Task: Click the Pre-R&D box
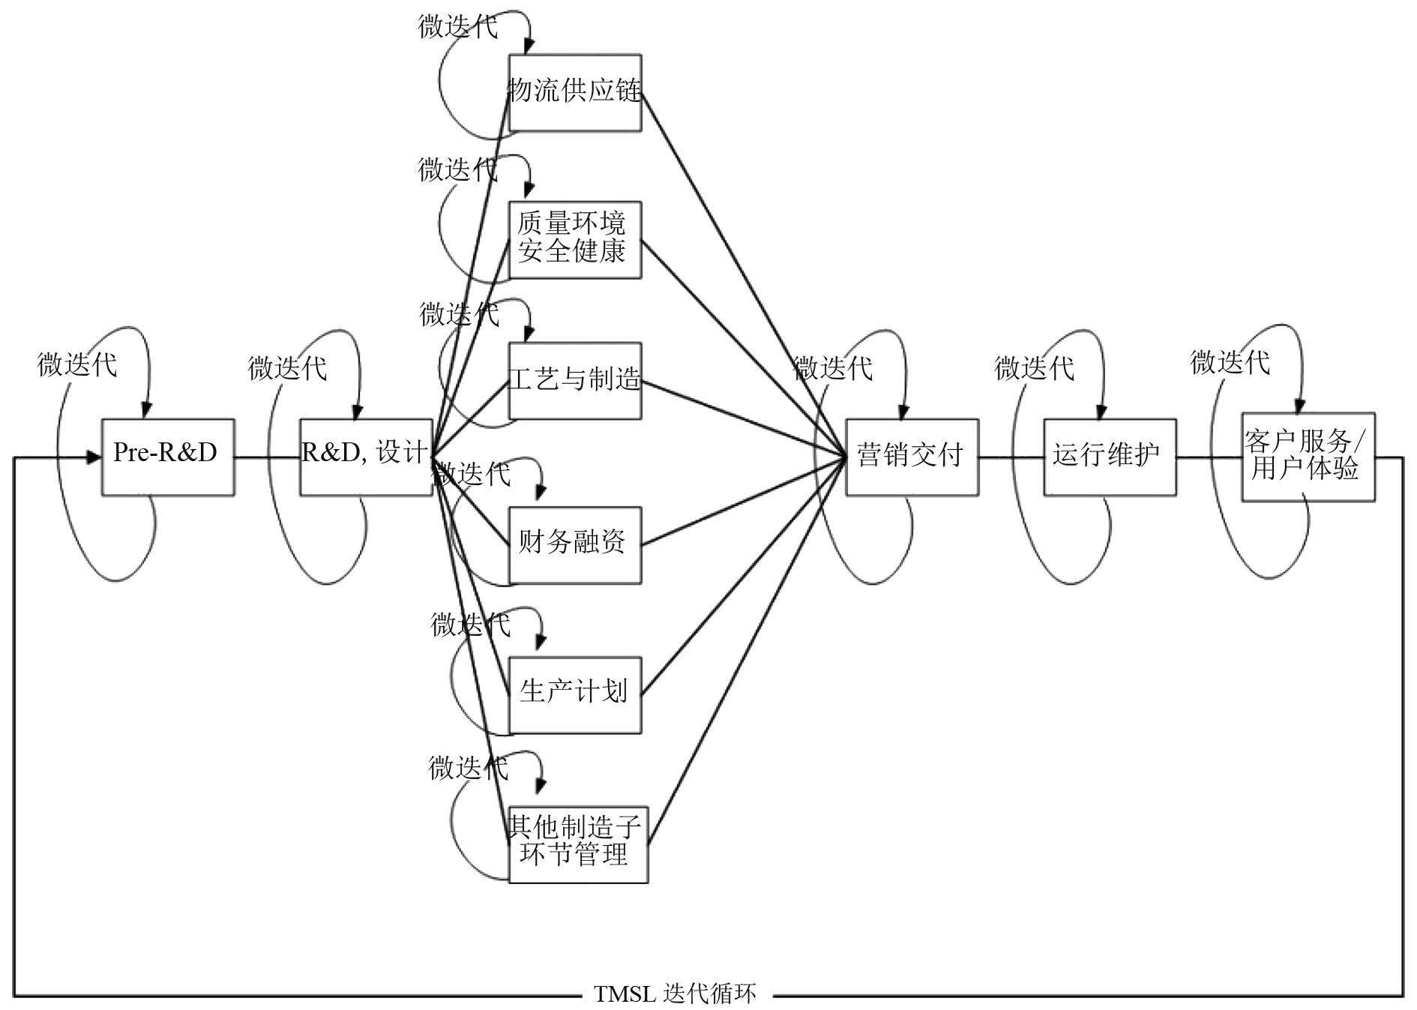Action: click(x=167, y=457)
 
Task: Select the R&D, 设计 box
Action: click(x=365, y=457)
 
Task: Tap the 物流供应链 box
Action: click(x=574, y=92)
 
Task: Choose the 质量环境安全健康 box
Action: click(x=574, y=239)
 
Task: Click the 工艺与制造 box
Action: click(x=574, y=380)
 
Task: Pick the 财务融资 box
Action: click(x=574, y=544)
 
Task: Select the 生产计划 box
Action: click(x=574, y=694)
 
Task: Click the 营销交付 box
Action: click(x=912, y=457)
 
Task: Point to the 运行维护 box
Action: click(x=1109, y=457)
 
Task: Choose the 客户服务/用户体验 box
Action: click(x=1308, y=457)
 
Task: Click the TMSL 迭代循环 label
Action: click(x=676, y=994)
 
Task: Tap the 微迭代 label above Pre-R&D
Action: click(x=77, y=365)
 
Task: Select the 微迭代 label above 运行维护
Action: click(x=1034, y=368)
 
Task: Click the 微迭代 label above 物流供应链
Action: click(x=457, y=27)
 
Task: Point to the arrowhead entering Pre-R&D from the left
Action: click(x=94, y=457)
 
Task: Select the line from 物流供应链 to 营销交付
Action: click(x=742, y=274)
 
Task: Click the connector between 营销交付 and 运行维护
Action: click(x=1011, y=457)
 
